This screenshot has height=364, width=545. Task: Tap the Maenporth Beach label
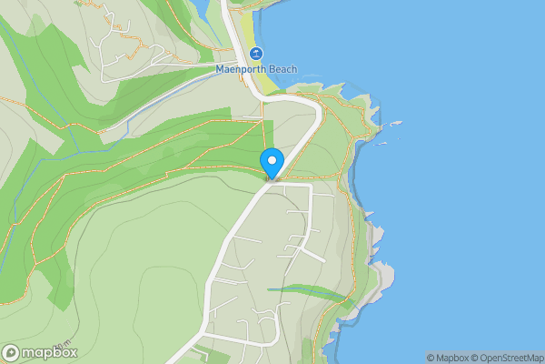point(255,69)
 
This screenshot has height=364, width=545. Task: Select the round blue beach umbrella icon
point(255,54)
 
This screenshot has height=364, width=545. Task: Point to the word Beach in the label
point(282,69)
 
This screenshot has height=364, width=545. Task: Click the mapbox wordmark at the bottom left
point(49,352)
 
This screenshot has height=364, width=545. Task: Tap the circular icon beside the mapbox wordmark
point(11,352)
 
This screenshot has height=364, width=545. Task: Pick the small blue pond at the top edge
point(197,8)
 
